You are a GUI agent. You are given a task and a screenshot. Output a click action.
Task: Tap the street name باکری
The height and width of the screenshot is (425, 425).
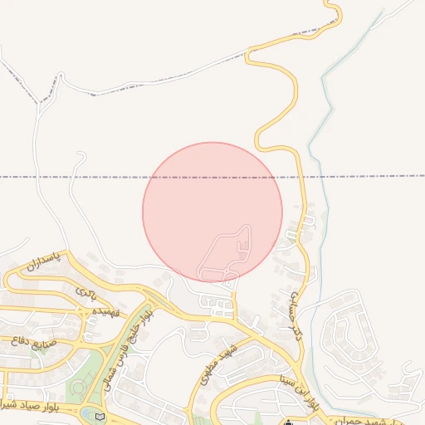(x=86, y=291)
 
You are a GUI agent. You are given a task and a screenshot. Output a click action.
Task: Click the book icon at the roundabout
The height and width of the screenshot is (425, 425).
(x=100, y=416)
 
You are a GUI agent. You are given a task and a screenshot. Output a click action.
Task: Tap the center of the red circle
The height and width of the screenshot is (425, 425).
(x=212, y=212)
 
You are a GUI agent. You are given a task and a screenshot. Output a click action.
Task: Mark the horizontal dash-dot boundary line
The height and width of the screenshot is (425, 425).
(x=83, y=177)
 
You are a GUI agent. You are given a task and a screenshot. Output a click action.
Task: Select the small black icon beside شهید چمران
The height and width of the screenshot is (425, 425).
(x=288, y=422)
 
